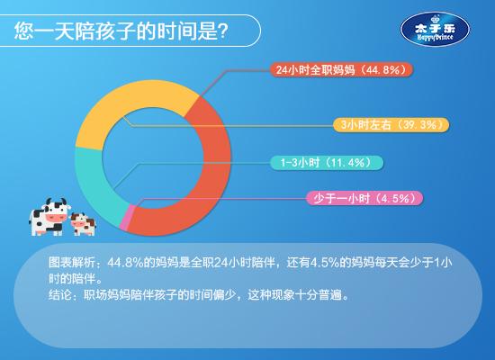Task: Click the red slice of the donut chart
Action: click(x=216, y=164)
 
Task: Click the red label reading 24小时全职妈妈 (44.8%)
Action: click(x=341, y=70)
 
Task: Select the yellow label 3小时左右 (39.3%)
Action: click(x=391, y=125)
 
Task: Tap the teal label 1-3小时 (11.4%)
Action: click(x=327, y=163)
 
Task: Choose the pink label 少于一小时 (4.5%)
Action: click(x=364, y=198)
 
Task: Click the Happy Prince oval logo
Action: click(x=435, y=30)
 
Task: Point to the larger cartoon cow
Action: click(x=49, y=217)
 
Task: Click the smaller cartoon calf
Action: click(x=83, y=224)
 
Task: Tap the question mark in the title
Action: click(x=223, y=31)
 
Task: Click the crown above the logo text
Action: click(x=436, y=19)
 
